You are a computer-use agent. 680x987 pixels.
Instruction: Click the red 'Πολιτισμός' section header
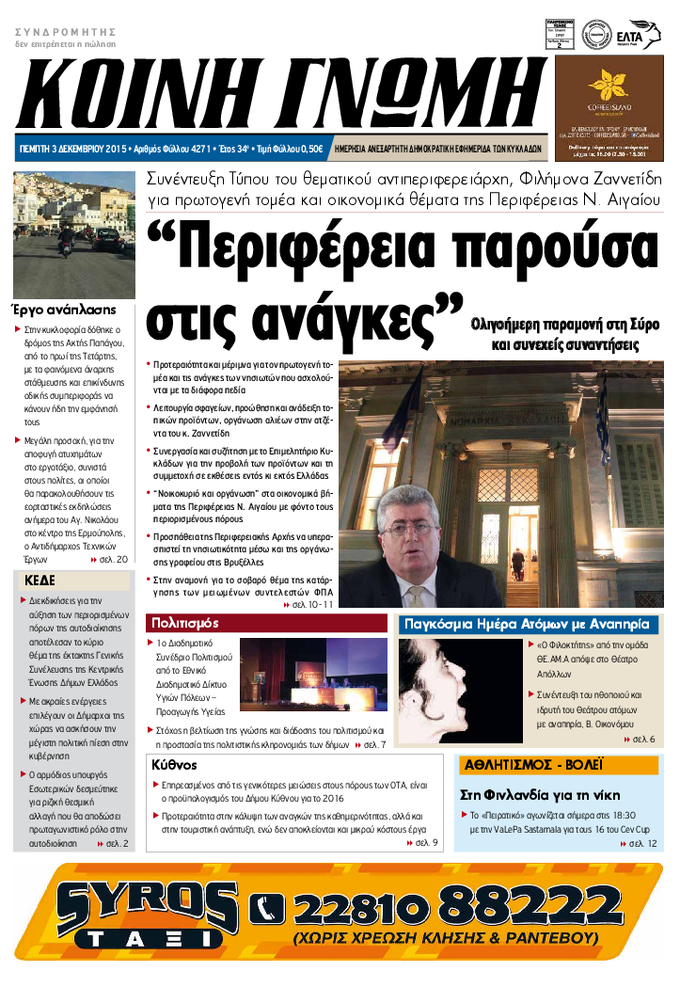(184, 623)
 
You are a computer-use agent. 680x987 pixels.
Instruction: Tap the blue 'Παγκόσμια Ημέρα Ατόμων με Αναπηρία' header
(526, 624)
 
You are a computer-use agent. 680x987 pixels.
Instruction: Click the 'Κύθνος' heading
(174, 765)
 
